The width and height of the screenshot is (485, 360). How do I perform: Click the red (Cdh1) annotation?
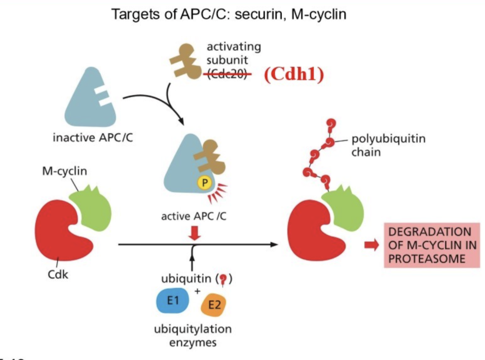pos(294,75)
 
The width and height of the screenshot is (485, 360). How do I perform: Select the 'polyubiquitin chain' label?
pos(382,146)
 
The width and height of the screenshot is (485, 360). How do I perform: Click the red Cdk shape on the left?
pos(63,231)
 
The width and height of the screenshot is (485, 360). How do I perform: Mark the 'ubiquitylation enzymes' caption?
pos(193,336)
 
